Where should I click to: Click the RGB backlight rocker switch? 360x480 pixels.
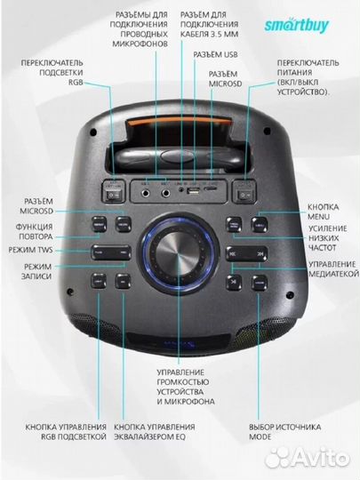113,188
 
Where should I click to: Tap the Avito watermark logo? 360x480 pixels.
311,456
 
